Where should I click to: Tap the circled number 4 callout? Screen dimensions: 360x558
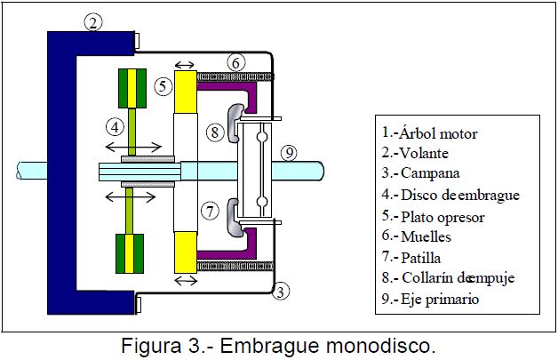coord(115,127)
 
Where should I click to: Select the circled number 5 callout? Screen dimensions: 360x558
coord(162,86)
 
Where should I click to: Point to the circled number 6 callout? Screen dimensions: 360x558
coord(235,62)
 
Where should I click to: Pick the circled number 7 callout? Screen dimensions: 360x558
coord(210,212)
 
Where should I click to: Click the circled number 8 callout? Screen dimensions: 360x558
coord(215,132)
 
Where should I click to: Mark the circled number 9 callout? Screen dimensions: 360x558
coord(288,152)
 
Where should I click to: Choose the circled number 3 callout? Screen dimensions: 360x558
coord(280,291)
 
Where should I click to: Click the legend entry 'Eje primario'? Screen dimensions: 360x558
coord(431,300)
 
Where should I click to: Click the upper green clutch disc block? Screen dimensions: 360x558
coord(132,89)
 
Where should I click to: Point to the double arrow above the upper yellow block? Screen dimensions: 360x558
coord(187,64)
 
